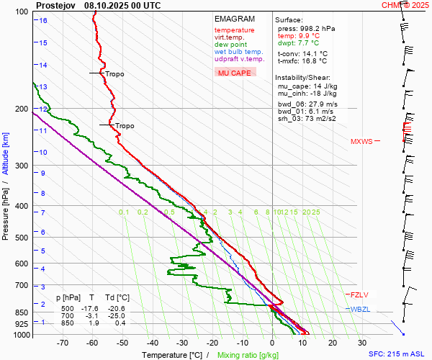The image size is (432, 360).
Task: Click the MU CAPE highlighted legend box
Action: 235,73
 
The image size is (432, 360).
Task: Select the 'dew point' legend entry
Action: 230,45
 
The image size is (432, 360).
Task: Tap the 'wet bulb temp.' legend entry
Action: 238,52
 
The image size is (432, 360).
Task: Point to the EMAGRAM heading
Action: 235,19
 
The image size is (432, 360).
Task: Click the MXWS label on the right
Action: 361,141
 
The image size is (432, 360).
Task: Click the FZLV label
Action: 360,294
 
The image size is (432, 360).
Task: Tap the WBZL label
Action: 360,309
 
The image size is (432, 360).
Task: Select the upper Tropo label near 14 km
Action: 114,74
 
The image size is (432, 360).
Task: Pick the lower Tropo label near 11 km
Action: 125,126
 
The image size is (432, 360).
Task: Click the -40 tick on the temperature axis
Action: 152,343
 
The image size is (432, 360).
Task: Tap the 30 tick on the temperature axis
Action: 361,343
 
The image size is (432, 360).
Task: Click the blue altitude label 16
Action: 44,20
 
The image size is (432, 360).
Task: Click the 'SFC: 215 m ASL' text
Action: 397,354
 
